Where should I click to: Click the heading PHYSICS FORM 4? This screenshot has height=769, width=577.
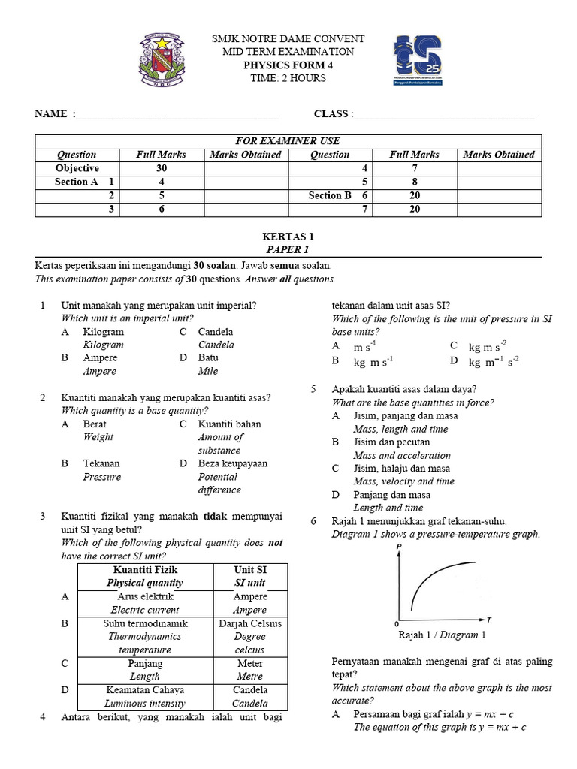(288, 65)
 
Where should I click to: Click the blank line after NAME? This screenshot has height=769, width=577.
(177, 115)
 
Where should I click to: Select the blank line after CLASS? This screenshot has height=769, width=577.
(444, 115)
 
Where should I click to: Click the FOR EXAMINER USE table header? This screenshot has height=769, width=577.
(288, 141)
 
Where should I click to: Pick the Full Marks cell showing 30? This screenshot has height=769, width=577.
(162, 168)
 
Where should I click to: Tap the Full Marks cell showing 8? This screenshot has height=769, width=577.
(414, 182)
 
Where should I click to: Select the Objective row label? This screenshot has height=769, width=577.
(77, 168)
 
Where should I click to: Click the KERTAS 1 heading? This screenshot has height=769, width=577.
(288, 237)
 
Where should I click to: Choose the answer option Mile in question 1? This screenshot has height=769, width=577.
(208, 371)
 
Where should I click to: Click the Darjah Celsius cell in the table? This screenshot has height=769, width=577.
(250, 623)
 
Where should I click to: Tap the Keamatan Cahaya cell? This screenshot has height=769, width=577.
(146, 690)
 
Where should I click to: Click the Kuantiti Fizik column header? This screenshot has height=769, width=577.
(146, 570)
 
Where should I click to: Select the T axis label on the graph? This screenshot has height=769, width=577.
(489, 620)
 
